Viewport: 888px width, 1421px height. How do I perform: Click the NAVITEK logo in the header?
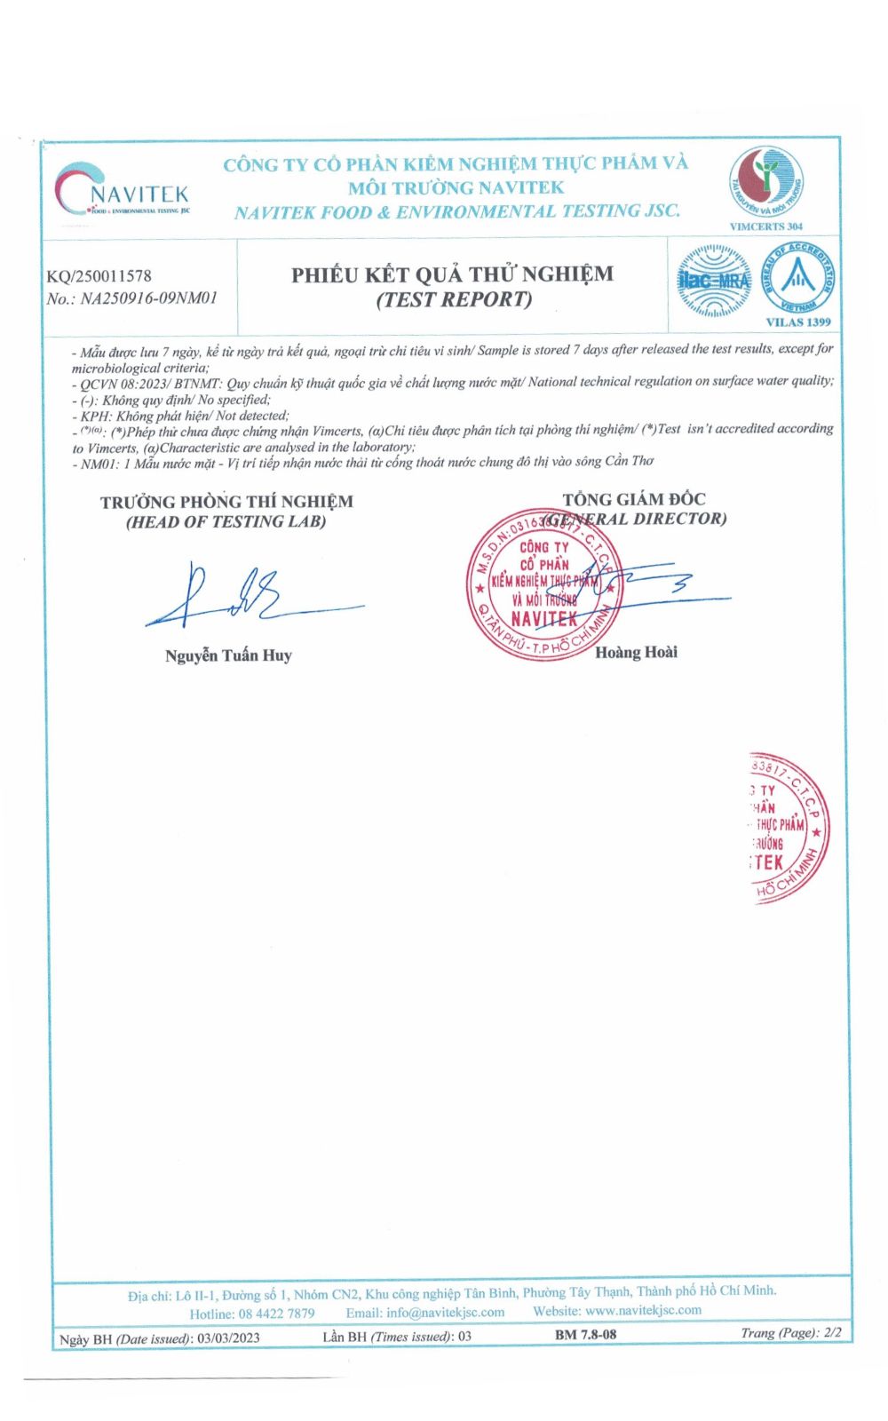click(122, 189)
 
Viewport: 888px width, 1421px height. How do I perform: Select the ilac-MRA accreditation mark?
click(713, 282)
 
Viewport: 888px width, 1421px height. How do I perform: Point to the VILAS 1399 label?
click(797, 322)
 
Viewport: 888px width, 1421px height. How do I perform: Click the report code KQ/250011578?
click(99, 276)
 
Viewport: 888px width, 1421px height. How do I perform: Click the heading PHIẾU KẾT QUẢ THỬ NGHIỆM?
click(452, 274)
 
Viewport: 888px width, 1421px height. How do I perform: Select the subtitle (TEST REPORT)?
click(454, 299)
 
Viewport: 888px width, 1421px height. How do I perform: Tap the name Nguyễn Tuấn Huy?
click(228, 655)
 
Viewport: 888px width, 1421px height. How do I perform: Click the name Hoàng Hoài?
click(636, 652)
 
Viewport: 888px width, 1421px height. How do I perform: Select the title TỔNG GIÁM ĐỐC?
click(634, 499)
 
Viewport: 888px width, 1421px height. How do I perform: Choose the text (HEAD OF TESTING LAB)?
click(226, 522)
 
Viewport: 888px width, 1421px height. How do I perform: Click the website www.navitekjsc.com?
click(643, 1311)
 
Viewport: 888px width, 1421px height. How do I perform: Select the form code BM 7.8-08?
click(585, 1334)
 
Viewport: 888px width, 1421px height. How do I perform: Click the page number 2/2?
click(832, 1332)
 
